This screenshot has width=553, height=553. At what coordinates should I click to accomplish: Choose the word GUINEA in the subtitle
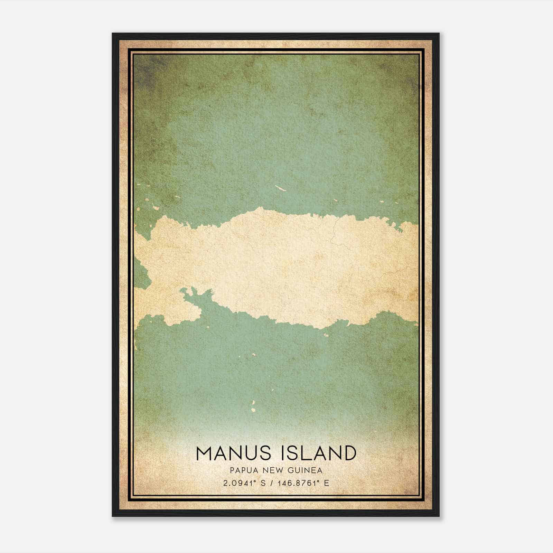point(306,470)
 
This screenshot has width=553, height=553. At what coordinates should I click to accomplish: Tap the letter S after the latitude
point(263,483)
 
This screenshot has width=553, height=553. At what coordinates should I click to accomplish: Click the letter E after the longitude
point(327,483)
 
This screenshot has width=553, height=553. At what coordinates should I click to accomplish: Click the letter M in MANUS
point(204,453)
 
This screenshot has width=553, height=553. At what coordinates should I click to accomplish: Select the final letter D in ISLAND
point(349,453)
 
